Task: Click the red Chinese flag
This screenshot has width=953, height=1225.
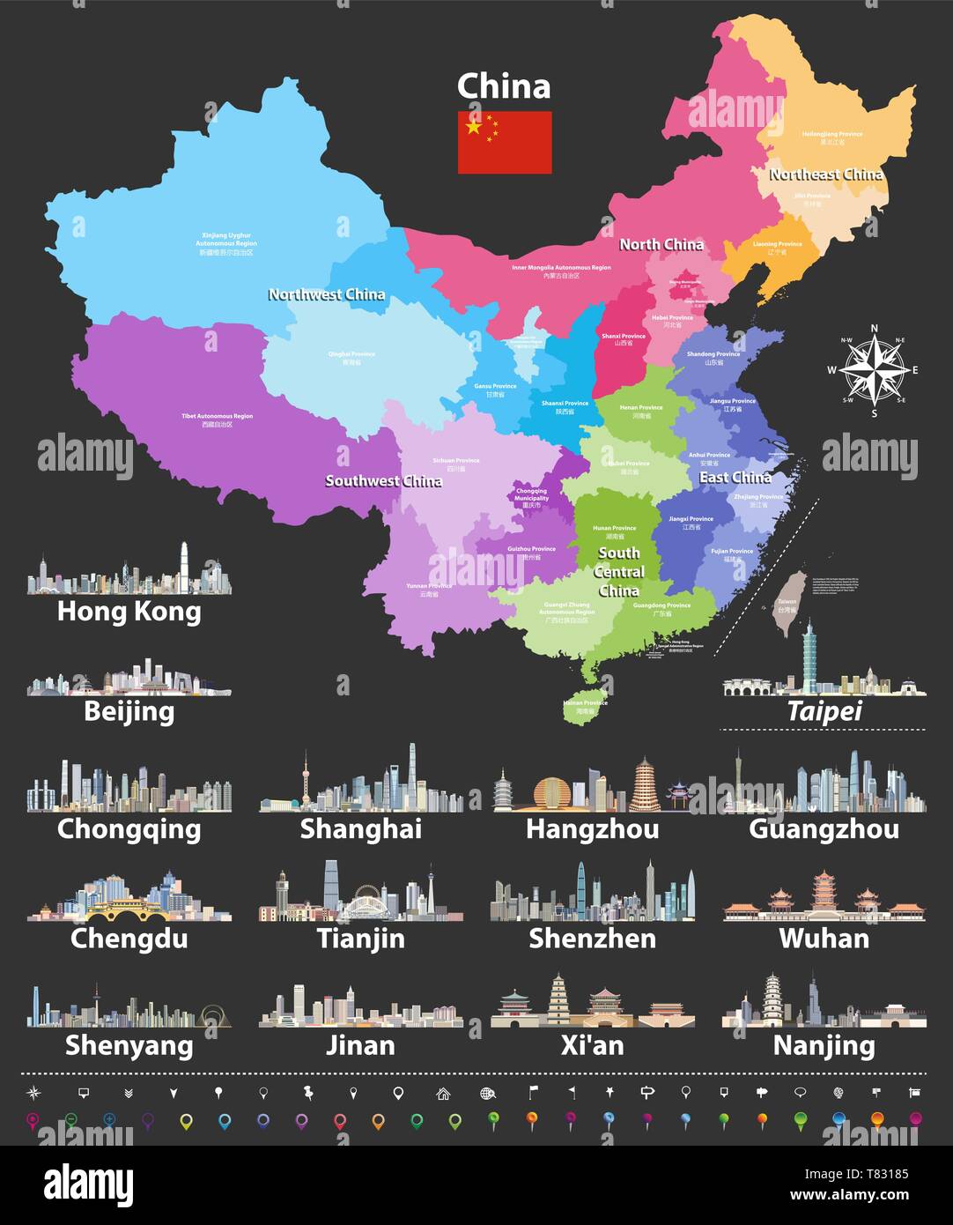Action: (504, 142)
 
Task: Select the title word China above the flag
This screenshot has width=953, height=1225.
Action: (504, 86)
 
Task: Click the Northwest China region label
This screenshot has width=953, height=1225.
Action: (326, 294)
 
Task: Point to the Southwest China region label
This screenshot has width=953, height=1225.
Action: (383, 480)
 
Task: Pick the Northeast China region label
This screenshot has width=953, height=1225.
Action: (825, 174)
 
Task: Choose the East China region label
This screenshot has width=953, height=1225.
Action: (735, 477)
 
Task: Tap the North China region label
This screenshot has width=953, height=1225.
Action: (661, 244)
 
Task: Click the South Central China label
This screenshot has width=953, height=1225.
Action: (618, 571)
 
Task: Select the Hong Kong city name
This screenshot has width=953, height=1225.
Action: (129, 611)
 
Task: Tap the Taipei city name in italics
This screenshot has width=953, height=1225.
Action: (824, 711)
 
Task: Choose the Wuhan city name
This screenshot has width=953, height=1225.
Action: (824, 938)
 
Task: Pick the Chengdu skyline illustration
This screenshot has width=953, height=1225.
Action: (129, 895)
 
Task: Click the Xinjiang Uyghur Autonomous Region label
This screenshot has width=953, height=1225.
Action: (225, 241)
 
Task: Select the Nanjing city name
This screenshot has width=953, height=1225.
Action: (824, 1045)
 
